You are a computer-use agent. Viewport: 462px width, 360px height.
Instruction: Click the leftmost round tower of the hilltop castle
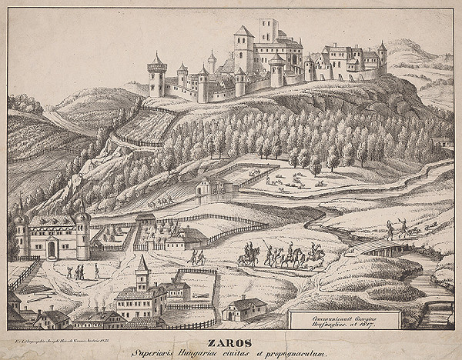[157, 75]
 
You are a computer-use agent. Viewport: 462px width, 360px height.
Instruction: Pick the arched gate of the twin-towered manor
[51, 248]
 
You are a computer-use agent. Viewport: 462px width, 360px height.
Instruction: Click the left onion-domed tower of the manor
[22, 230]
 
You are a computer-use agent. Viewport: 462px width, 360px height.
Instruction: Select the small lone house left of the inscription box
[245, 308]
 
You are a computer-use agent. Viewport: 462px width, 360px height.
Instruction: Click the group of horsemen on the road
[281, 256]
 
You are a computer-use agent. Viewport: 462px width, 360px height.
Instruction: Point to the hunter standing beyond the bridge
[390, 228]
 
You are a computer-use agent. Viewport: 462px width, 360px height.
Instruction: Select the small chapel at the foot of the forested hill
[204, 185]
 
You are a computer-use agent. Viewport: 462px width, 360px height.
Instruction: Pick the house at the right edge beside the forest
[442, 142]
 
